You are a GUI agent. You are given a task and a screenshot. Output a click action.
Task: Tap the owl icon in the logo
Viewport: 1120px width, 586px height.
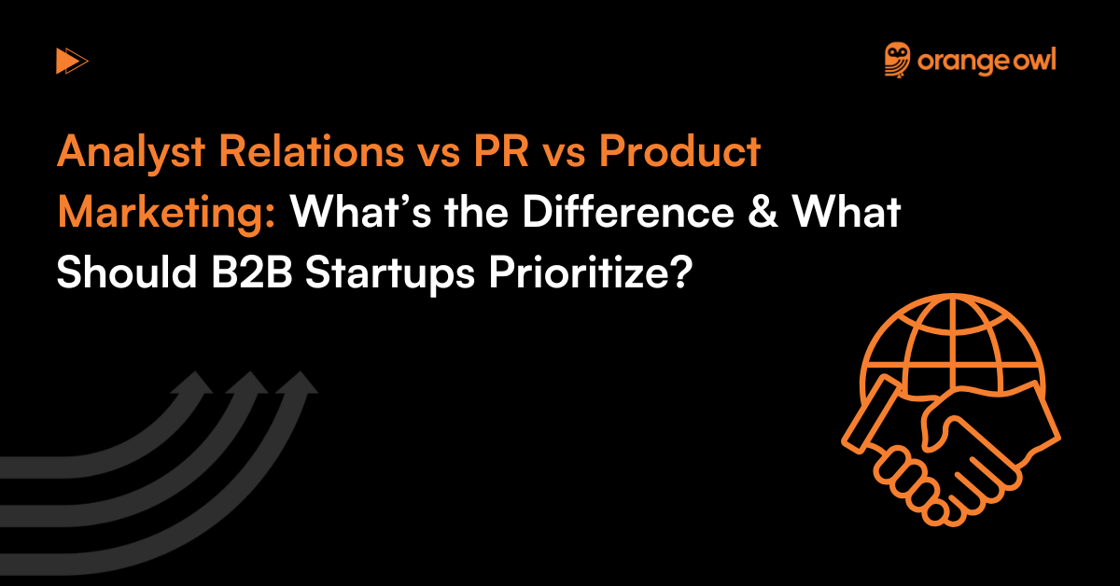pos(898,60)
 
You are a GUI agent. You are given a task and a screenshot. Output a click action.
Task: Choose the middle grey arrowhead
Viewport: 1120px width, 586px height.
pos(249,385)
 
